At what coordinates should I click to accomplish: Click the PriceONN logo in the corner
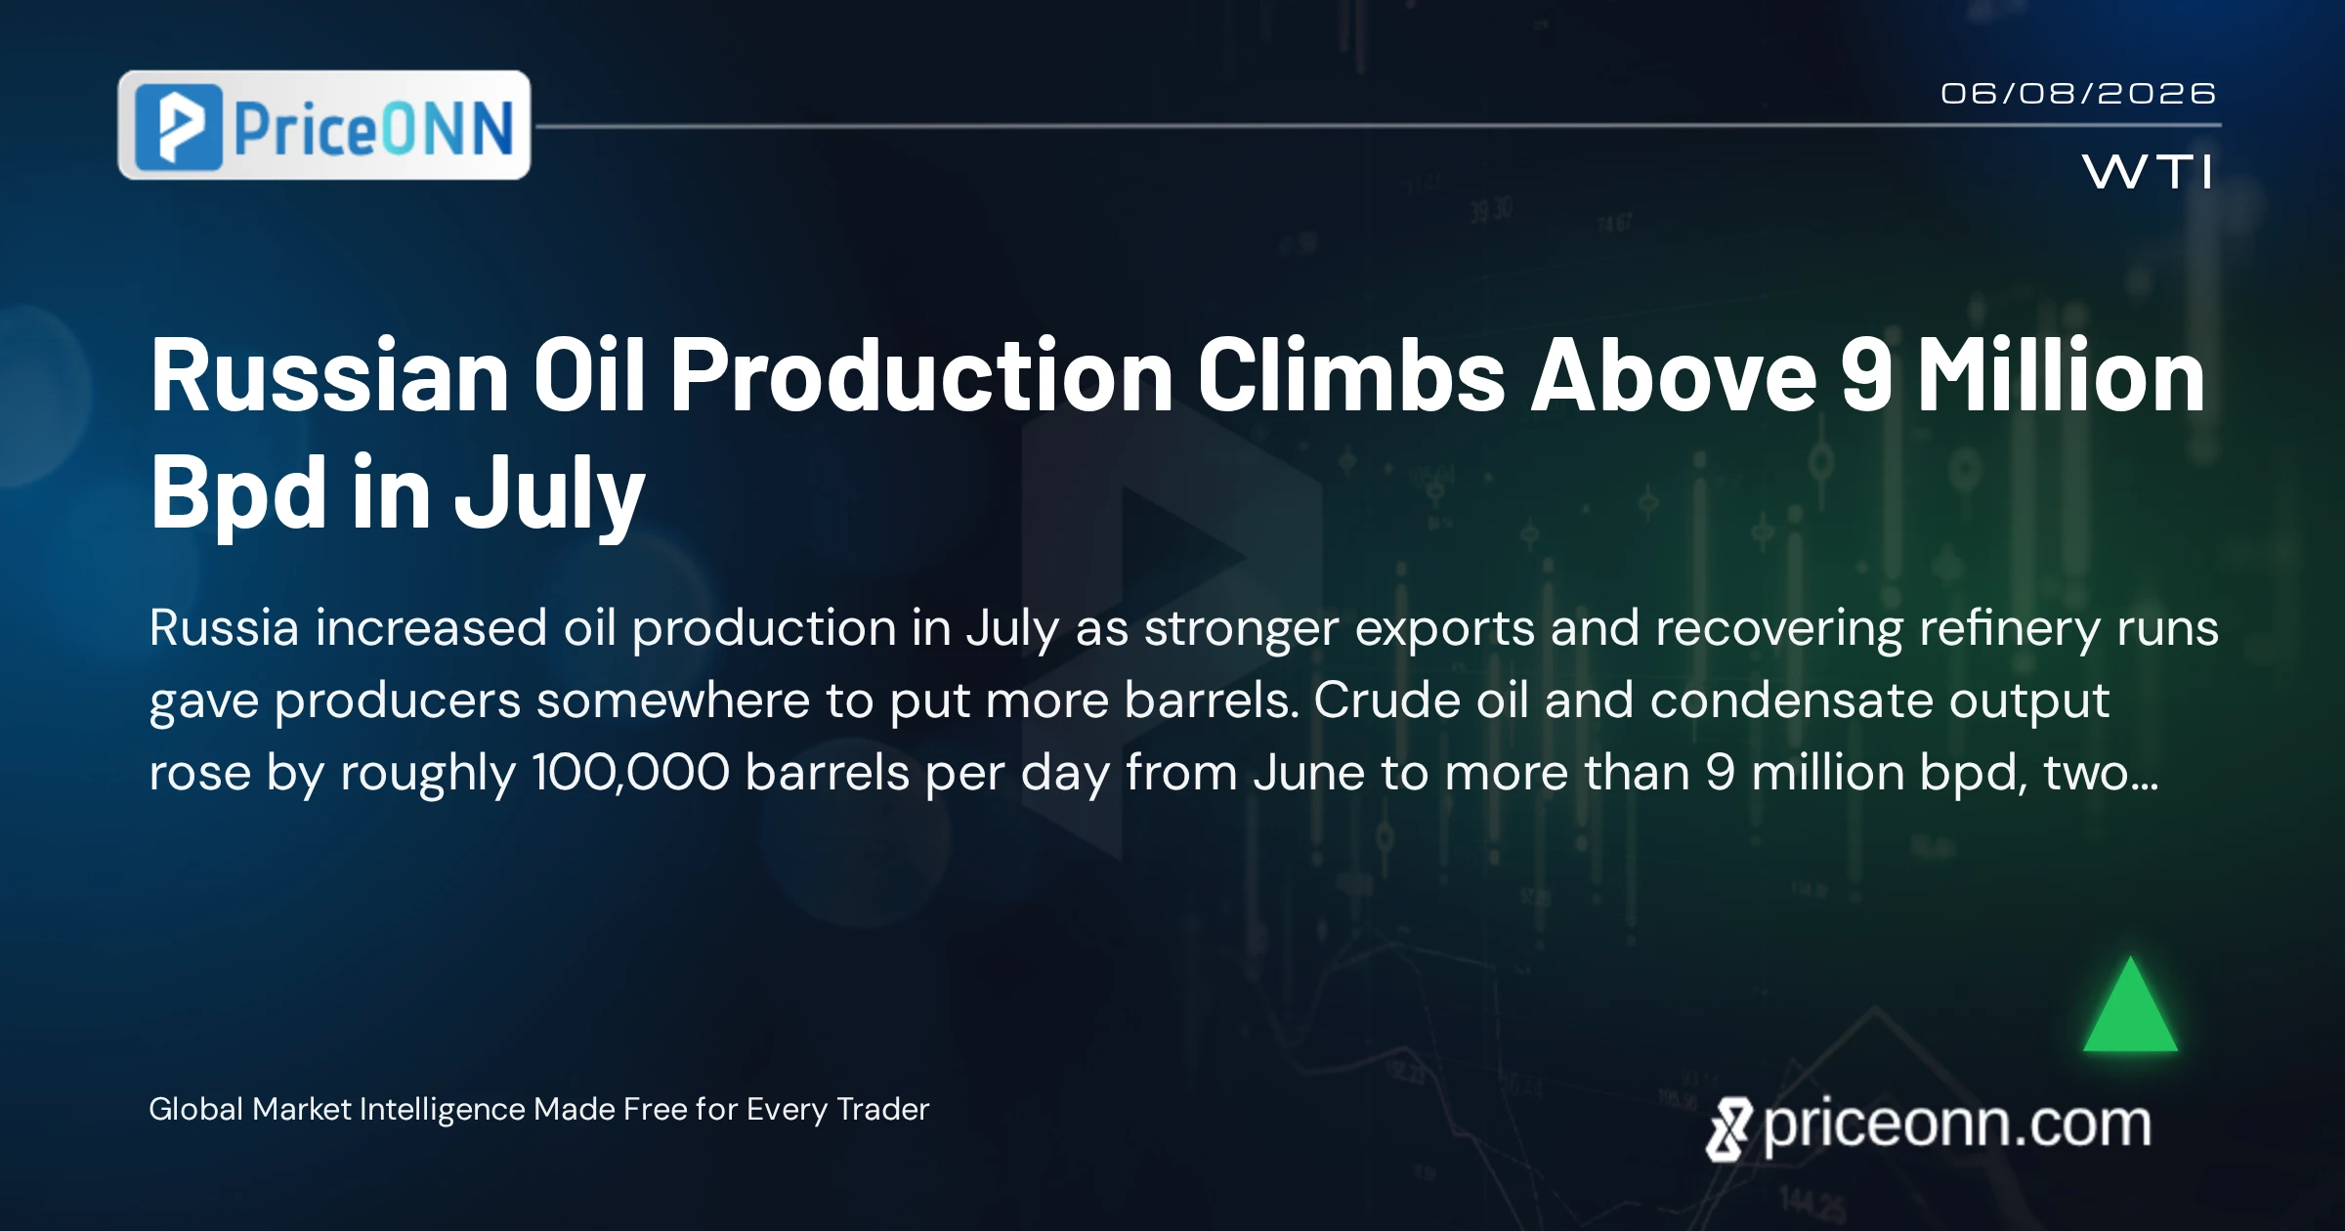[x=324, y=125]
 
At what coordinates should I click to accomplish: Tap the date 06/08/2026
[x=2078, y=94]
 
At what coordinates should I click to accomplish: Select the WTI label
[x=2147, y=172]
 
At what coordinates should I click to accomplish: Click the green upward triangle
[x=2130, y=1004]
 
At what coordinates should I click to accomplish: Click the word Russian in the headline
[x=329, y=375]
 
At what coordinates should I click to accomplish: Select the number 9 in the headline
[x=1867, y=375]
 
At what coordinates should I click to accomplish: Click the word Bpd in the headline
[x=238, y=495]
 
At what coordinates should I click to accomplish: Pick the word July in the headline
[x=550, y=495]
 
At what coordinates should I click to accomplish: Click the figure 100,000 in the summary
[x=631, y=773]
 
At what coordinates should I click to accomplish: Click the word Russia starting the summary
[x=224, y=627]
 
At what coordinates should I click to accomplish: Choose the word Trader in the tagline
[x=883, y=1109]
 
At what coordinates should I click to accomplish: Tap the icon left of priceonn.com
[x=1728, y=1129]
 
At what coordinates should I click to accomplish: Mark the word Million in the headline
[x=2061, y=375]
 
